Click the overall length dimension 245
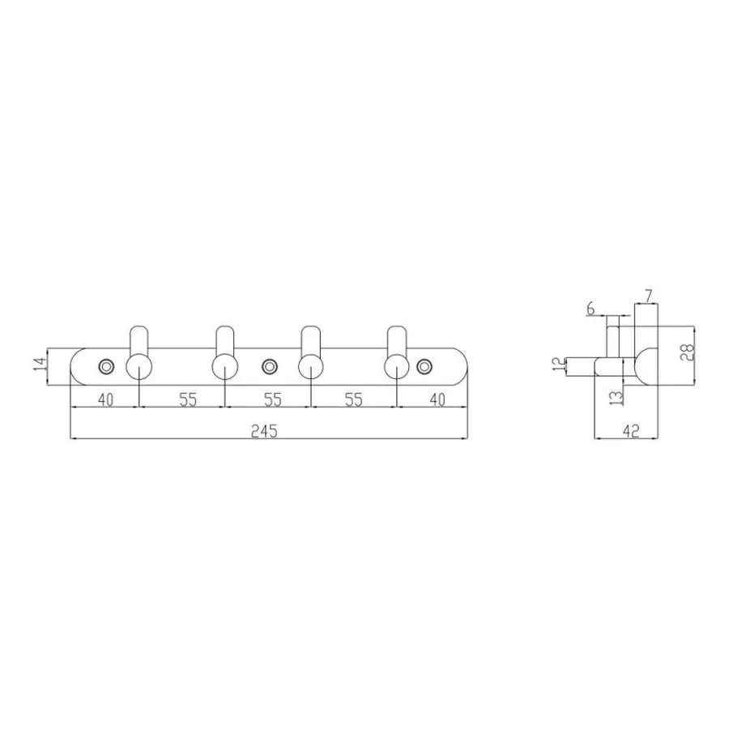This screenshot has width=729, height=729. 263,431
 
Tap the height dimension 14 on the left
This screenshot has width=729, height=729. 40,363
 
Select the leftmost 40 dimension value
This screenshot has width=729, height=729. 105,399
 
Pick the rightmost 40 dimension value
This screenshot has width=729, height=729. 437,399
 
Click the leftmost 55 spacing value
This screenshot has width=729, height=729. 188,399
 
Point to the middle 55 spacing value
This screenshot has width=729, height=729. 272,399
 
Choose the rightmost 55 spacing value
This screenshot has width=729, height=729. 353,399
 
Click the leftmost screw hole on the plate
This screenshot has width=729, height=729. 106,367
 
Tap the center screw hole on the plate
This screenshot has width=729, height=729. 268,367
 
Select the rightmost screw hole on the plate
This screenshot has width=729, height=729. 423,367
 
